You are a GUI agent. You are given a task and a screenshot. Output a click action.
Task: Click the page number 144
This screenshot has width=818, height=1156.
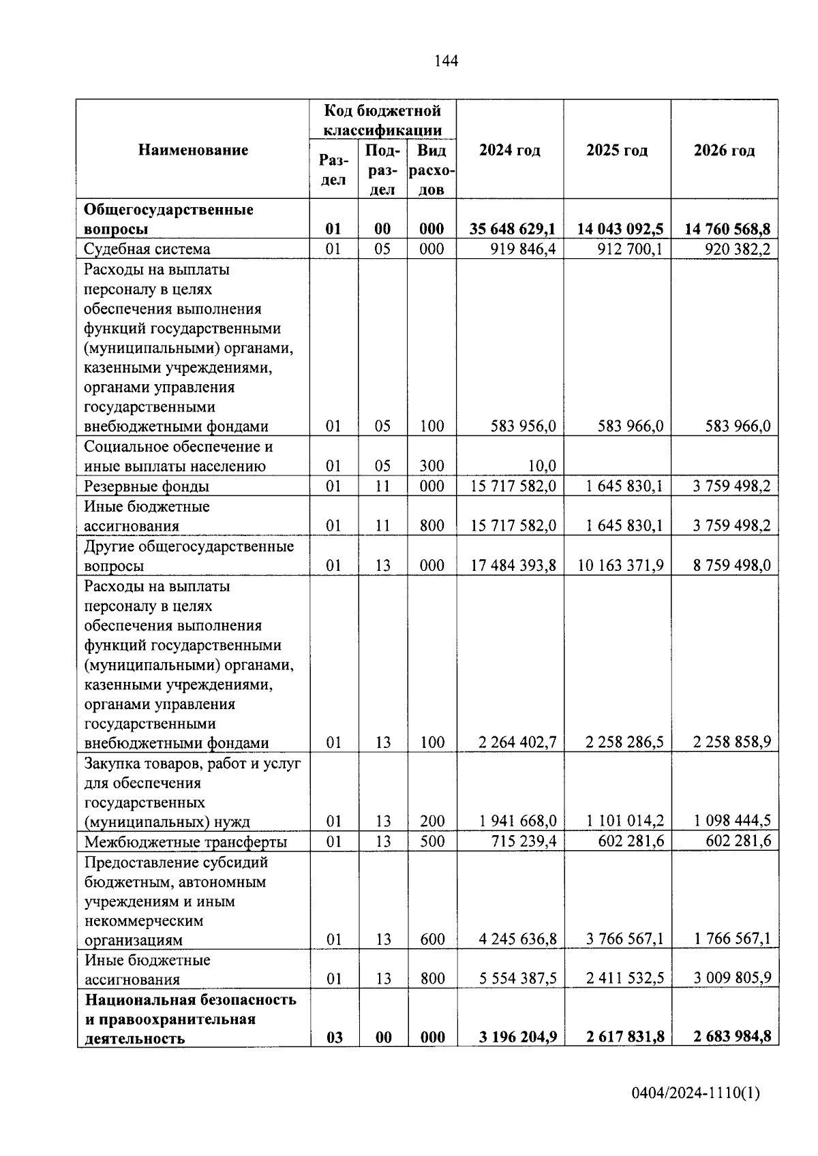(446, 61)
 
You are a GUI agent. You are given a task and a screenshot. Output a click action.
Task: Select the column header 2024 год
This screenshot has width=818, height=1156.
(509, 151)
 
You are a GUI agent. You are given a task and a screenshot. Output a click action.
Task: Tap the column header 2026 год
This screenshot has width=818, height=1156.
(724, 151)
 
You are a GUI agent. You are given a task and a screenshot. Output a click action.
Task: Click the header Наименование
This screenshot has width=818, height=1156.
(193, 150)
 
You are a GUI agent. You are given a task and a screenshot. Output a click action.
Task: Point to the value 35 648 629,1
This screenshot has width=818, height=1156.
(512, 229)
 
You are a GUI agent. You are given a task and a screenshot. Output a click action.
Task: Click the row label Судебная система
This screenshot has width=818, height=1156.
(147, 249)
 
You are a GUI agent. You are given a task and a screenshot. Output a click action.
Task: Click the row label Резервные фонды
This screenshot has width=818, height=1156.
(147, 486)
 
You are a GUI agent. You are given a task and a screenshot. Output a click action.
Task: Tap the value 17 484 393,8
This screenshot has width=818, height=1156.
(513, 565)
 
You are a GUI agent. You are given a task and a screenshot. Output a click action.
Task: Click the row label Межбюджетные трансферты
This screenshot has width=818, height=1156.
(185, 842)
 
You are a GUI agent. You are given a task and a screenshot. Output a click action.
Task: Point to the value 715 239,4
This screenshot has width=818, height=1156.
(524, 841)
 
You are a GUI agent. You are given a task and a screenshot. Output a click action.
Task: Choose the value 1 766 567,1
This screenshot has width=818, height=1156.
(732, 939)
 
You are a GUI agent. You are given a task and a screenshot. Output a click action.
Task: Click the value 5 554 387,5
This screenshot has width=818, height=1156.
(517, 979)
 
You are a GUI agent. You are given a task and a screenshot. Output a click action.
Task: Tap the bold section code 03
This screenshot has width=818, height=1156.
(334, 1037)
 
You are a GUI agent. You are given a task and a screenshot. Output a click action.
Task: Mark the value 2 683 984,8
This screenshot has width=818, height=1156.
(732, 1037)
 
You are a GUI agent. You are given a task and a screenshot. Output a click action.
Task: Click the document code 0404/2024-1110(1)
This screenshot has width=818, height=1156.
(695, 1094)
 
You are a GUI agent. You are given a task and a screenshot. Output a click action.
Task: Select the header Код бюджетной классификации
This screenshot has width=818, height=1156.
(382, 120)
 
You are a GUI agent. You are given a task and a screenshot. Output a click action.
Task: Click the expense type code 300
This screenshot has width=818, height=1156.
(432, 467)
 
